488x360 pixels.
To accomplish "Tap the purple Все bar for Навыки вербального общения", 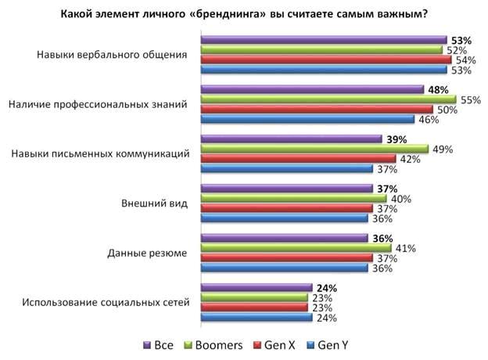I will click(324, 40).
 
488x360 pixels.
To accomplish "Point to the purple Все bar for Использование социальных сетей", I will click(257, 287).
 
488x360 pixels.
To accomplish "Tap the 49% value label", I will click(440, 149).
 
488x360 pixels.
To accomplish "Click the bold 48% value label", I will click(438, 89).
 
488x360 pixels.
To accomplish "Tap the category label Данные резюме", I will click(147, 253).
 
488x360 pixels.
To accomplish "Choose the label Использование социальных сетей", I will click(106, 302).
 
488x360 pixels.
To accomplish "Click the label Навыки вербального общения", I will click(113, 55).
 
